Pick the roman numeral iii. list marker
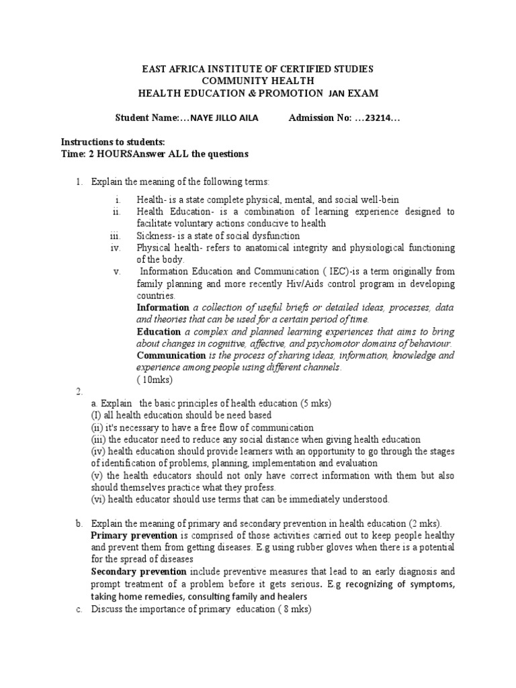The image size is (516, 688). [x=114, y=236]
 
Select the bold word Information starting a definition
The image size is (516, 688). [x=163, y=308]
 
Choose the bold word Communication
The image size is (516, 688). [x=171, y=355]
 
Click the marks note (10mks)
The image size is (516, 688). [x=155, y=380]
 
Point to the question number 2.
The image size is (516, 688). [x=79, y=391]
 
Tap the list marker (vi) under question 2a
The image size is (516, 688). [x=98, y=499]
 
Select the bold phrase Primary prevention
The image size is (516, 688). [x=134, y=535]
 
